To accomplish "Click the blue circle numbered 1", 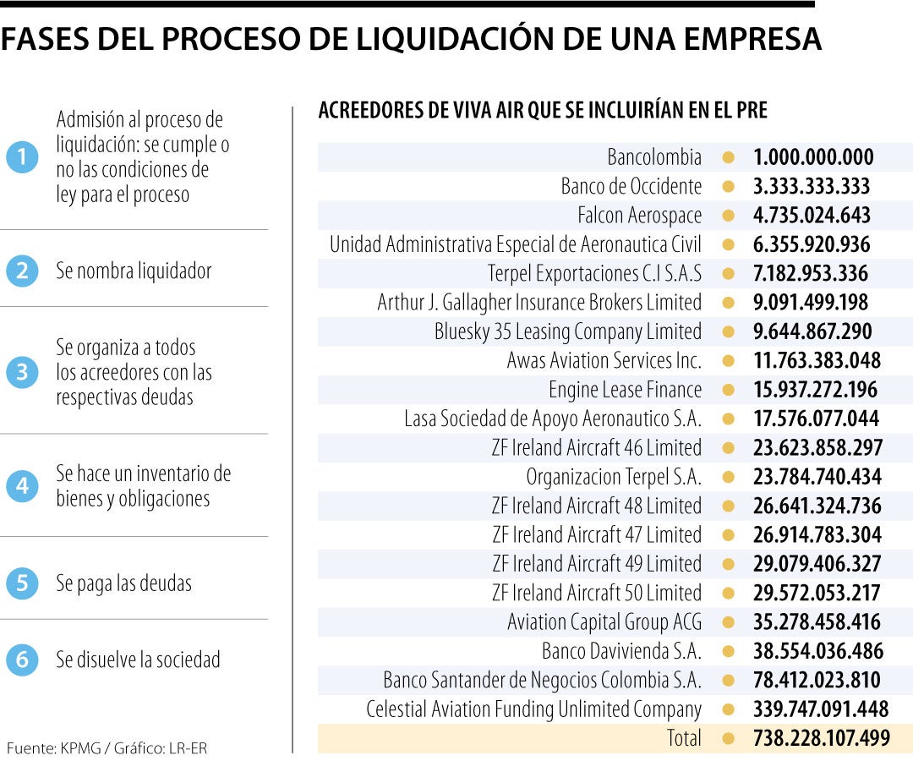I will [22, 157].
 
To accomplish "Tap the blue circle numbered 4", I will [22, 486].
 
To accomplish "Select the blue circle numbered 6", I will [22, 660].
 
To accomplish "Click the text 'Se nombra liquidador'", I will [134, 271].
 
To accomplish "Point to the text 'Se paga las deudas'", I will [123, 583].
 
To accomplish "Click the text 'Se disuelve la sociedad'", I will [138, 660].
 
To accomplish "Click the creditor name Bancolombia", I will [654, 157].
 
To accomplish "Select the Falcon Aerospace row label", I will [639, 216].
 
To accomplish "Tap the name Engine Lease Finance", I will [625, 390].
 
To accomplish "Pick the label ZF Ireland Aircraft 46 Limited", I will [596, 447].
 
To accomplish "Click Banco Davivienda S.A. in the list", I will [621, 651].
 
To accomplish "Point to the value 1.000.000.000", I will [813, 157].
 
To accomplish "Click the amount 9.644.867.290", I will [812, 331].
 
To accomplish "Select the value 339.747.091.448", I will [821, 709].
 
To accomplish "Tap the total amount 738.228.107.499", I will [821, 738].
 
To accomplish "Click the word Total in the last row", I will [684, 738].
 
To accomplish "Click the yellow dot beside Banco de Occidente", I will [728, 186].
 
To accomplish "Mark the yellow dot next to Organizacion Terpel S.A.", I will [728, 477].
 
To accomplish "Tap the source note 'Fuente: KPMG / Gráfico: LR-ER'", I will [107, 747].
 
